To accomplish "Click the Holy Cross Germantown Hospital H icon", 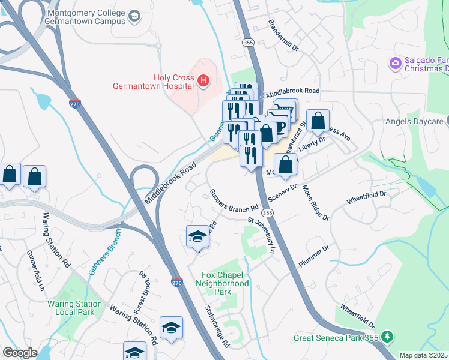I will tap(204, 80).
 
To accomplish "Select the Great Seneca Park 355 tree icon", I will tap(388, 337).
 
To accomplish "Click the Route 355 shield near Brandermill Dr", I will tap(247, 43).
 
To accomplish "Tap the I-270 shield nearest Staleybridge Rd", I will tap(176, 282).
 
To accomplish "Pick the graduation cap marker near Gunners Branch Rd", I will tap(197, 237).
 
